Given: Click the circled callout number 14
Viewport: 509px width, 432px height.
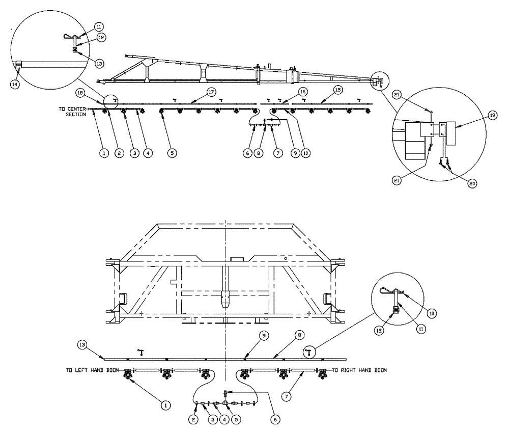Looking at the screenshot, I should [15, 85].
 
